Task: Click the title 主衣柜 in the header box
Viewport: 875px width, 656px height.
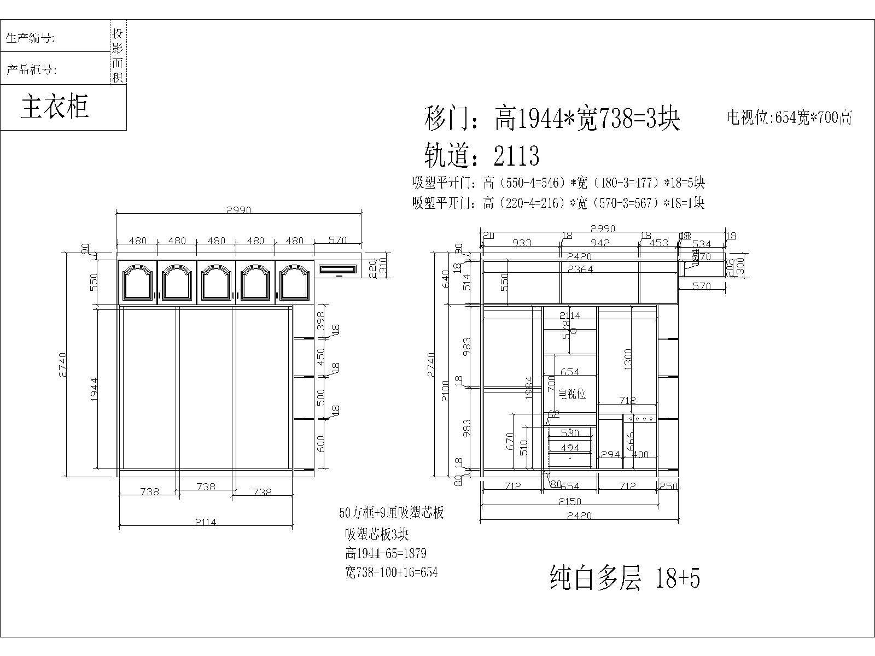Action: pyautogui.click(x=55, y=106)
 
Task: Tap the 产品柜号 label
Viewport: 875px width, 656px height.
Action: pyautogui.click(x=31, y=69)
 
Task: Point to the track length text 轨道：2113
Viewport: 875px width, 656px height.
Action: pyautogui.click(x=482, y=156)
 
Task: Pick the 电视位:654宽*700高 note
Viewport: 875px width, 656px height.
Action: pyautogui.click(x=789, y=118)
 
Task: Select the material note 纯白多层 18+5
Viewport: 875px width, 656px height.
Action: pyautogui.click(x=624, y=578)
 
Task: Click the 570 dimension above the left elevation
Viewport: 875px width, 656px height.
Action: pyautogui.click(x=338, y=241)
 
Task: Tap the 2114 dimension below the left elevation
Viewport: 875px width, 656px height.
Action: pyautogui.click(x=205, y=522)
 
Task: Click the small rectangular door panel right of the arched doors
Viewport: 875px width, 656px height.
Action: pyautogui.click(x=337, y=269)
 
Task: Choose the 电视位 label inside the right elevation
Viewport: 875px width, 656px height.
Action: pyautogui.click(x=572, y=394)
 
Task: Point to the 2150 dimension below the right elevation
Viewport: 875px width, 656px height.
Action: pyautogui.click(x=569, y=501)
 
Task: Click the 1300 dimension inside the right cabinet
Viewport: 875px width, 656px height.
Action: pyautogui.click(x=628, y=360)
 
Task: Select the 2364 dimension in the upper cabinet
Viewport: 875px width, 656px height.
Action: pyautogui.click(x=580, y=269)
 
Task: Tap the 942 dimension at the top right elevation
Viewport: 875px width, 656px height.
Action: pyautogui.click(x=600, y=243)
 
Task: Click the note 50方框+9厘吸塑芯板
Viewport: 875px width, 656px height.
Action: pyautogui.click(x=391, y=513)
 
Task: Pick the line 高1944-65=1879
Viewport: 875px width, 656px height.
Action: pyautogui.click(x=386, y=553)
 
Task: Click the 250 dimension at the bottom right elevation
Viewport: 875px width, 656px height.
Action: pyautogui.click(x=668, y=486)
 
